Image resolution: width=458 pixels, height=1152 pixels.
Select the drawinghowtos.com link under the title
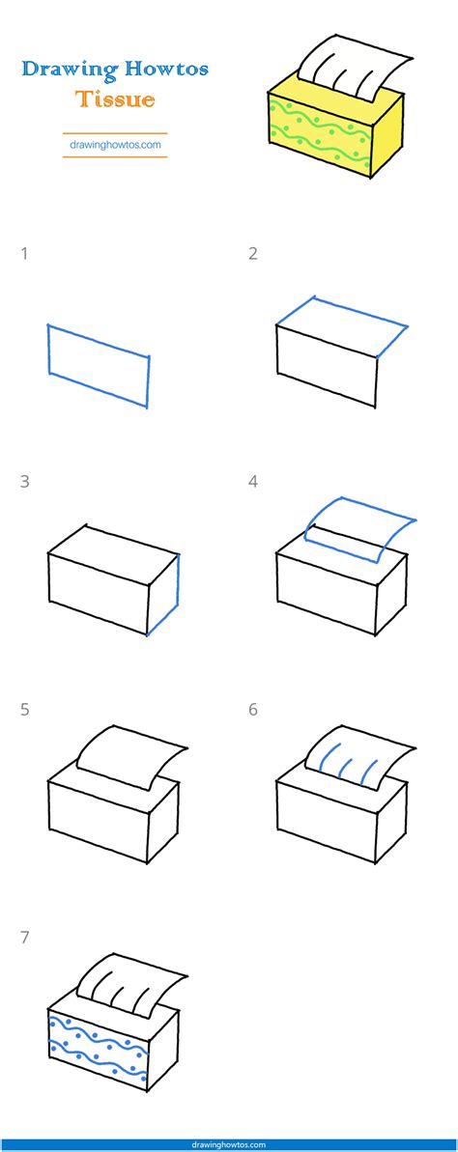(x=115, y=145)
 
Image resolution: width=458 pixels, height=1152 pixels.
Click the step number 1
(x=24, y=255)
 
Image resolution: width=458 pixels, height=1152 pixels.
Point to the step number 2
(x=253, y=255)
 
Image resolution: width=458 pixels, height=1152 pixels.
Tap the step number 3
(x=24, y=482)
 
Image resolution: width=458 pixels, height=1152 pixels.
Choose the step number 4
(x=253, y=482)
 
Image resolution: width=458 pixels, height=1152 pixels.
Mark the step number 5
(x=24, y=710)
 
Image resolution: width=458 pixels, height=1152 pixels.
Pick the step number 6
(x=253, y=710)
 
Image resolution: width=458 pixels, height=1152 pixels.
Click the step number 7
(x=24, y=937)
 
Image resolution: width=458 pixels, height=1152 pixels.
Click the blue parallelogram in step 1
(x=98, y=366)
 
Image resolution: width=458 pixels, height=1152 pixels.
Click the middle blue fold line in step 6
(x=344, y=767)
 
